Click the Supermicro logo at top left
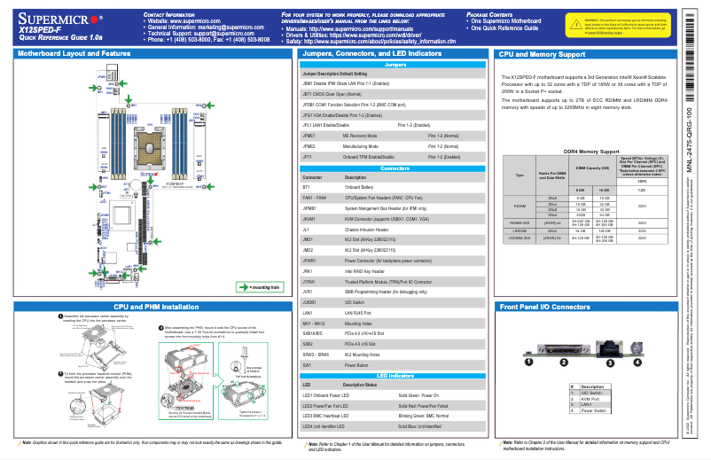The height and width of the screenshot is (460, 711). click(60, 19)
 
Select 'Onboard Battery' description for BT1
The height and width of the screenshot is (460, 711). click(359, 187)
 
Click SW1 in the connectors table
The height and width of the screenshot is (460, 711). click(308, 364)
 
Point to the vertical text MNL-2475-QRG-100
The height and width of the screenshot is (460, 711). click(691, 143)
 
